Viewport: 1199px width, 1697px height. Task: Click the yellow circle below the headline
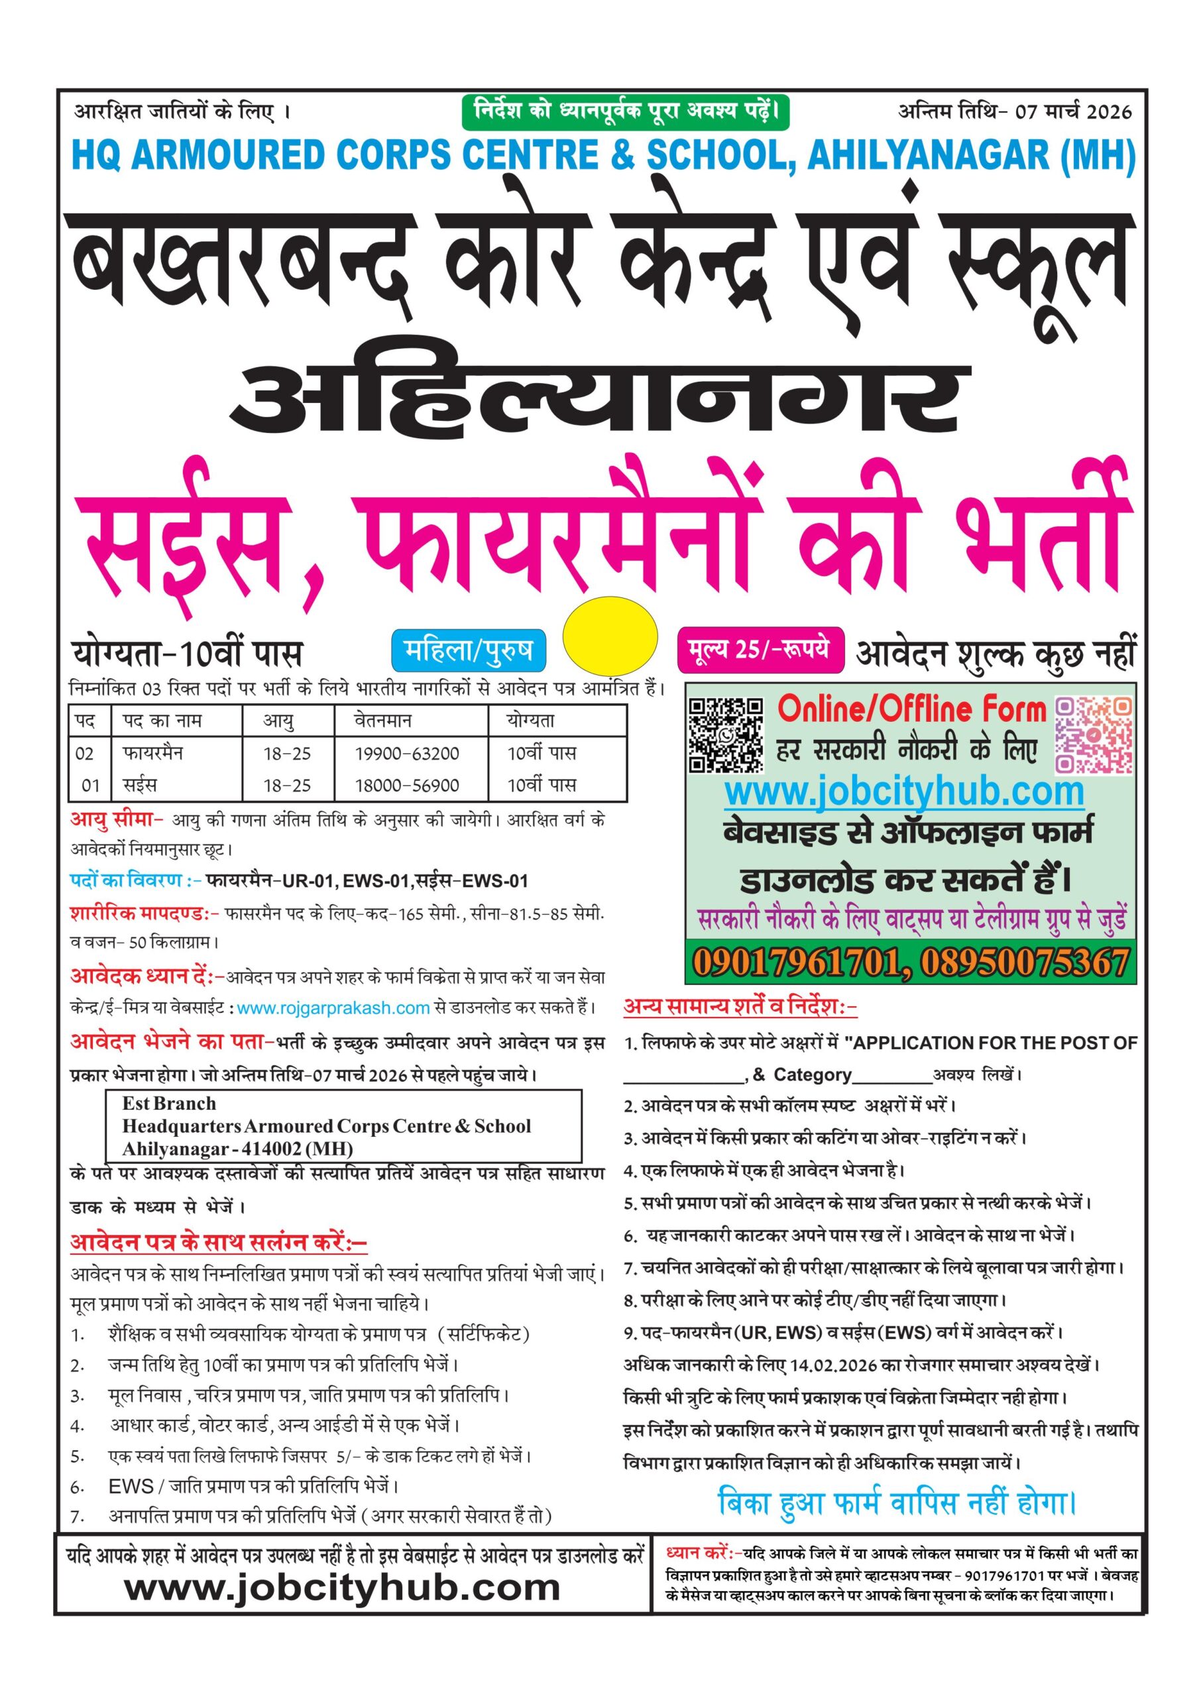point(610,636)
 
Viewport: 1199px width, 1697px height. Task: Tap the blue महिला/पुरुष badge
point(468,650)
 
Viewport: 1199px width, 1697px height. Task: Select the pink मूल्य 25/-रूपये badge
point(759,650)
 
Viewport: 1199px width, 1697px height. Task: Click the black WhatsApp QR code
point(726,735)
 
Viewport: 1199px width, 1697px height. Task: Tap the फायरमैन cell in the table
point(153,753)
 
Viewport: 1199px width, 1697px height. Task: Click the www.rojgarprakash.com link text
point(333,1008)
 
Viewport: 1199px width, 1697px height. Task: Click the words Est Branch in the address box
point(169,1104)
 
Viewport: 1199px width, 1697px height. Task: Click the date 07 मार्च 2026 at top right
point(1072,111)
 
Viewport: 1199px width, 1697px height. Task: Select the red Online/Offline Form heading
point(911,709)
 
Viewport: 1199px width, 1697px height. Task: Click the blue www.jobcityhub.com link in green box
point(903,793)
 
